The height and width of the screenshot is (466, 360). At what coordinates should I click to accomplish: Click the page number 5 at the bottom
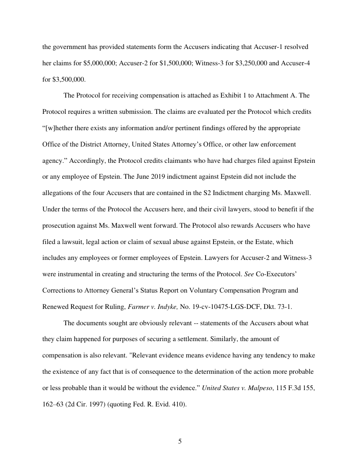[180, 441]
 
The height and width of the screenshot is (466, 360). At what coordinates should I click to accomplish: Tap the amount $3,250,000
[245, 63]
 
